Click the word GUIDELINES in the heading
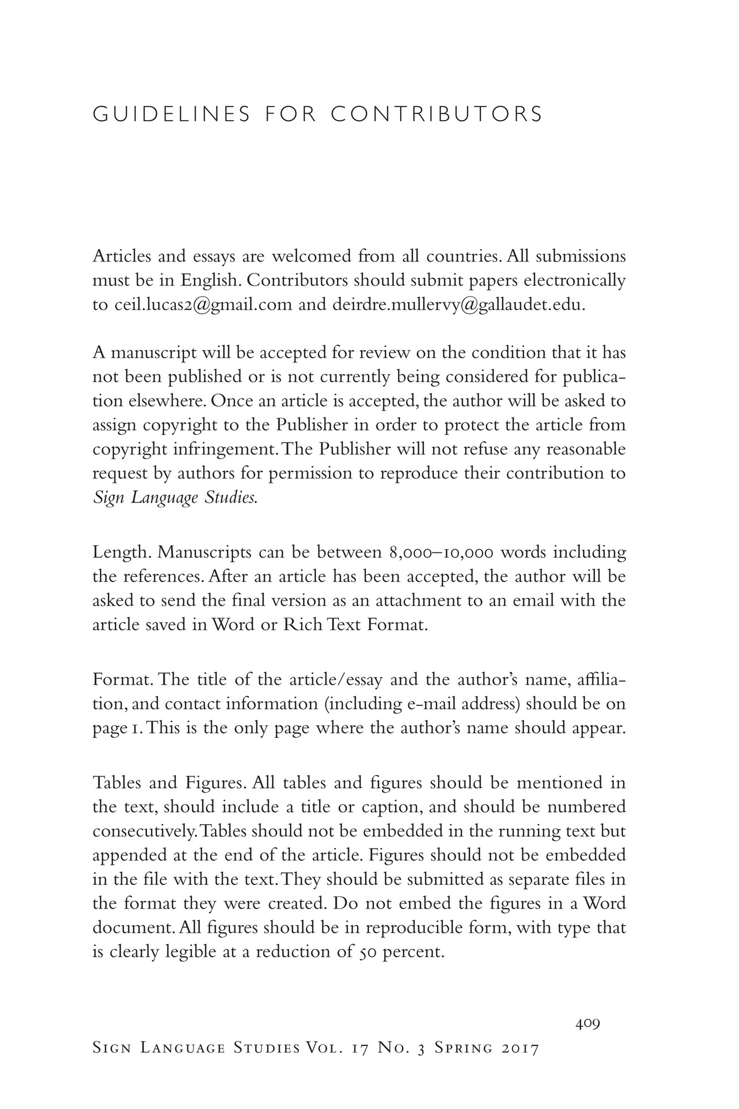[x=171, y=114]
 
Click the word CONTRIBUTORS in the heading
[x=436, y=114]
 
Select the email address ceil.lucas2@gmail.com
[x=204, y=305]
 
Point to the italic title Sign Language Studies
[x=175, y=498]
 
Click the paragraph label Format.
[x=122, y=679]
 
